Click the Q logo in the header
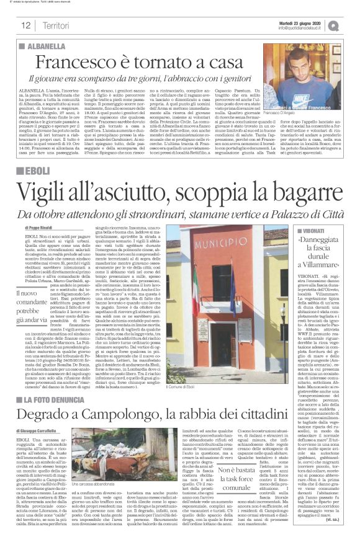(351, 25)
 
